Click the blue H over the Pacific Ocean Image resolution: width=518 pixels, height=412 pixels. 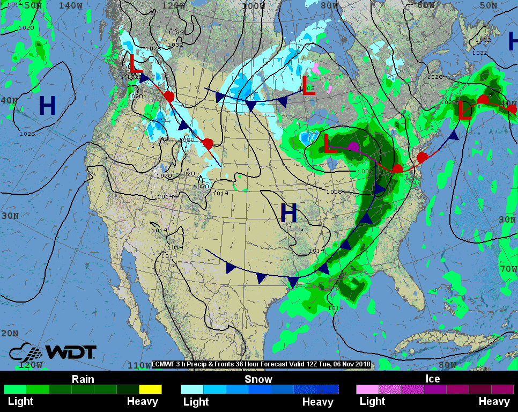click(47, 106)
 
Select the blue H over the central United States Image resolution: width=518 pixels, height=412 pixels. click(288, 214)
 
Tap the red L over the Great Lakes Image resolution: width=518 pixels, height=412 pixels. click(331, 145)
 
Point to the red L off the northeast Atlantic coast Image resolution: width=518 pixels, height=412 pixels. click(464, 111)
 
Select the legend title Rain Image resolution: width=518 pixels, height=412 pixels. click(83, 379)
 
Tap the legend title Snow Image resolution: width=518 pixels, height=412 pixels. click(258, 379)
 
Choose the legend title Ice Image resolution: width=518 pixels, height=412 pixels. click(433, 379)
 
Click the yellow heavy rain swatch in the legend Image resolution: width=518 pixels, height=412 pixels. click(150, 389)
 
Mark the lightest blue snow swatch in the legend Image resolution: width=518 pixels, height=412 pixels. click(192, 389)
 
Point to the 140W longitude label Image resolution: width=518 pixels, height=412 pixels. click(70, 5)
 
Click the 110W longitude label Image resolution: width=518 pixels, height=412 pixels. click(139, 365)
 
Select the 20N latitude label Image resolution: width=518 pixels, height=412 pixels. click(9, 333)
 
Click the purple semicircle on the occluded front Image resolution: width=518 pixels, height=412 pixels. click(353, 146)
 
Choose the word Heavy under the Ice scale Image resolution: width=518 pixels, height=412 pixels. click(494, 401)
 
